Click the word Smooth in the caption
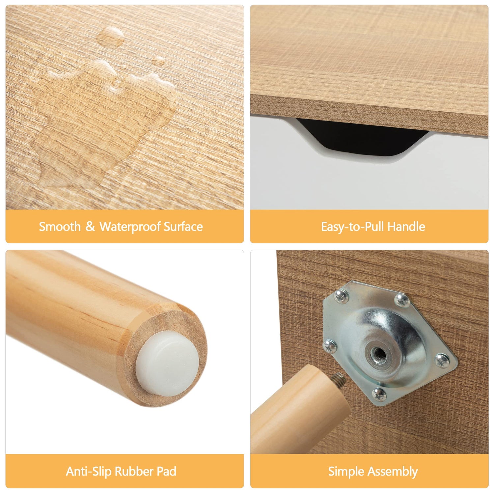60,227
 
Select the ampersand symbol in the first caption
90,227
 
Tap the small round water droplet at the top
159,60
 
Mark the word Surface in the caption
183,227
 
